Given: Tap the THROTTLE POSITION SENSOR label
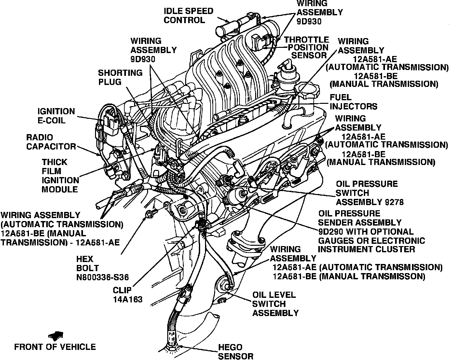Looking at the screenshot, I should (x=307, y=48).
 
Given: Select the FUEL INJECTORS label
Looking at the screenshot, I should (x=353, y=102).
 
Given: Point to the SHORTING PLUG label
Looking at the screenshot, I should (x=120, y=77).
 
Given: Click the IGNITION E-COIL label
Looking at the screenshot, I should (x=56, y=116).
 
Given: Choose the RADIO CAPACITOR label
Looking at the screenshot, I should (x=51, y=142).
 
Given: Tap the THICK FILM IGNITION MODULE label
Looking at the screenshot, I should (x=60, y=176).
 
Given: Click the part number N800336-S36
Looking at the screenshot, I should (x=103, y=277).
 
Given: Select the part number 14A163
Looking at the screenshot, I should (x=128, y=299).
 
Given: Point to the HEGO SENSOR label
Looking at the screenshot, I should (x=235, y=352).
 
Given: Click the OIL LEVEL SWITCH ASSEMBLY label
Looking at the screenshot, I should (x=275, y=304).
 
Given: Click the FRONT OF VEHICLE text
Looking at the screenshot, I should (x=55, y=347).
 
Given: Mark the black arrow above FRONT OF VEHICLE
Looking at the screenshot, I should (x=56, y=335).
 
